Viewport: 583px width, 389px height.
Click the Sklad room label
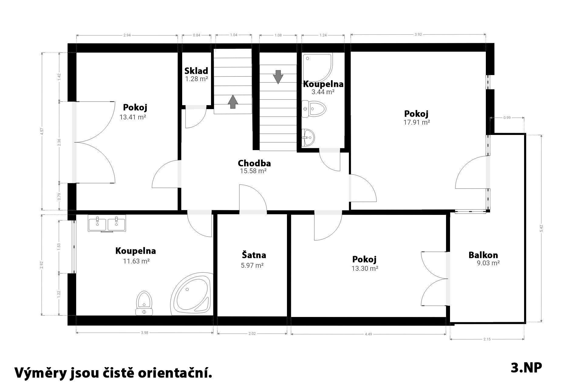tap(196, 71)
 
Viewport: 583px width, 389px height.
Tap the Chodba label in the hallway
tap(254, 163)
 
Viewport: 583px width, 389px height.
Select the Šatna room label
tap(254, 255)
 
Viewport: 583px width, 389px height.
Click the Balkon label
tap(483, 255)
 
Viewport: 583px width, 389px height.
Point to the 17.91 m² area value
tap(417, 122)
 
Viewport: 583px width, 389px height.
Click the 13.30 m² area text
tap(365, 268)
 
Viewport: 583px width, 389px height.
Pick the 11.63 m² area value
tap(136, 261)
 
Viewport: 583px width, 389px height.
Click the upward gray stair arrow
tap(233, 102)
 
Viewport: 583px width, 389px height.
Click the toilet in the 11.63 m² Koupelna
tap(144, 303)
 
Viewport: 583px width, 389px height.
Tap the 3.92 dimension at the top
tap(418, 35)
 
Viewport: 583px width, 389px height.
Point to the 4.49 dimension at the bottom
tap(368, 334)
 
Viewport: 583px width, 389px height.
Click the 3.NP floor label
tap(526, 368)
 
